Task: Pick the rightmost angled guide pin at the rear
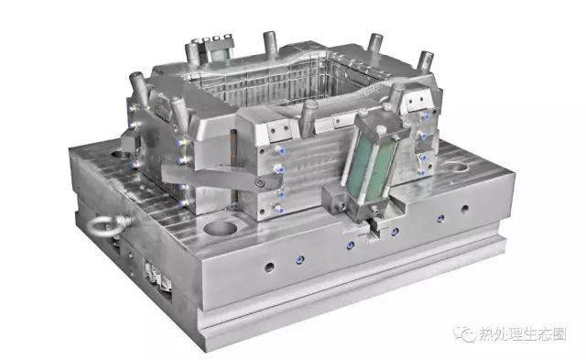[x=424, y=62]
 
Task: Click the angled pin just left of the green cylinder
[x=310, y=115]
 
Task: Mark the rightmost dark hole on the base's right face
[x=465, y=208]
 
